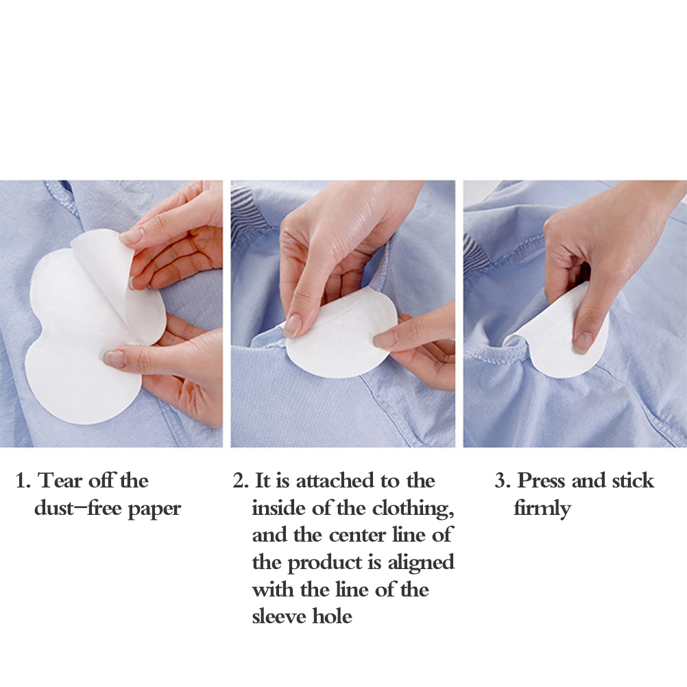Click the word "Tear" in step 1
[60, 481]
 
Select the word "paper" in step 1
[154, 510]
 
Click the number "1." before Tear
[23, 481]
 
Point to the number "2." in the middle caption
[241, 481]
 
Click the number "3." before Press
[503, 481]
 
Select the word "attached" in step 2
[335, 481]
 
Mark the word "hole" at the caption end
[332, 617]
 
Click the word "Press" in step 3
[542, 481]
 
